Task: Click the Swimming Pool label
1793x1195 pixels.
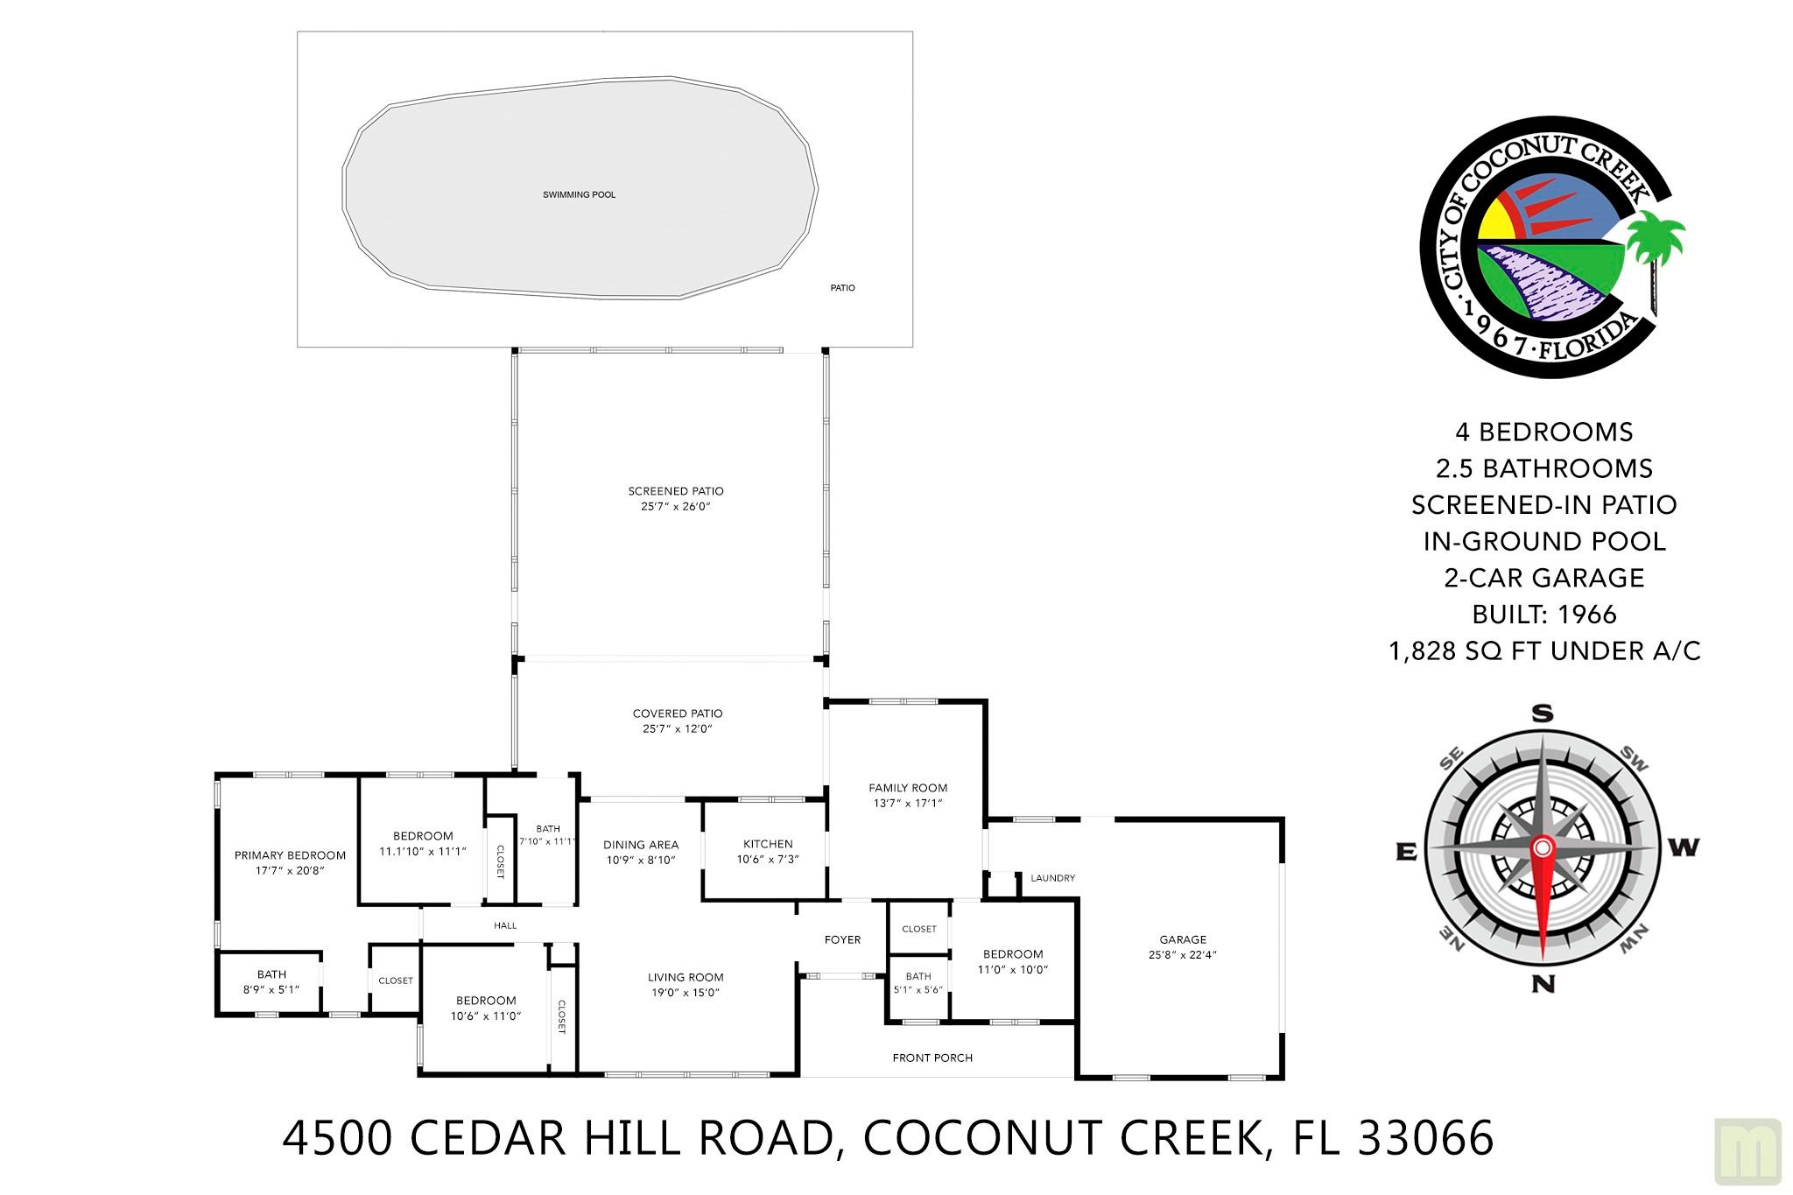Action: click(579, 194)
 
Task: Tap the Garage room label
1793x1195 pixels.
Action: click(1183, 939)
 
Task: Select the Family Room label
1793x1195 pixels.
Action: click(908, 788)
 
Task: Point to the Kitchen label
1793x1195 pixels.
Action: click(768, 844)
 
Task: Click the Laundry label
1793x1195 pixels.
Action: click(1052, 878)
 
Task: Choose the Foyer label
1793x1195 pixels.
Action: click(842, 939)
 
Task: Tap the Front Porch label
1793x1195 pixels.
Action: click(932, 1058)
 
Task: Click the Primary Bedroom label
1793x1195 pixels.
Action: click(290, 855)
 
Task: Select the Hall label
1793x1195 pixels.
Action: click(505, 925)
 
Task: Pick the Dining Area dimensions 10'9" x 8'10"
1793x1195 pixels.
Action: click(641, 860)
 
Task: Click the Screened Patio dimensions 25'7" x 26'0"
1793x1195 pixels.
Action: click(676, 506)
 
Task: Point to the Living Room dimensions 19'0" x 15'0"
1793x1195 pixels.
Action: click(686, 992)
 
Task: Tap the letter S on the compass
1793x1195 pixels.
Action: click(1542, 713)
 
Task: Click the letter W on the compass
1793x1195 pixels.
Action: click(1685, 847)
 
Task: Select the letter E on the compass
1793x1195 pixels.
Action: click(1405, 851)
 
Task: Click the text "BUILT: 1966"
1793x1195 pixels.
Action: click(1544, 614)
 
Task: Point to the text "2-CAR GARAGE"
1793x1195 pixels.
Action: click(1544, 578)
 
